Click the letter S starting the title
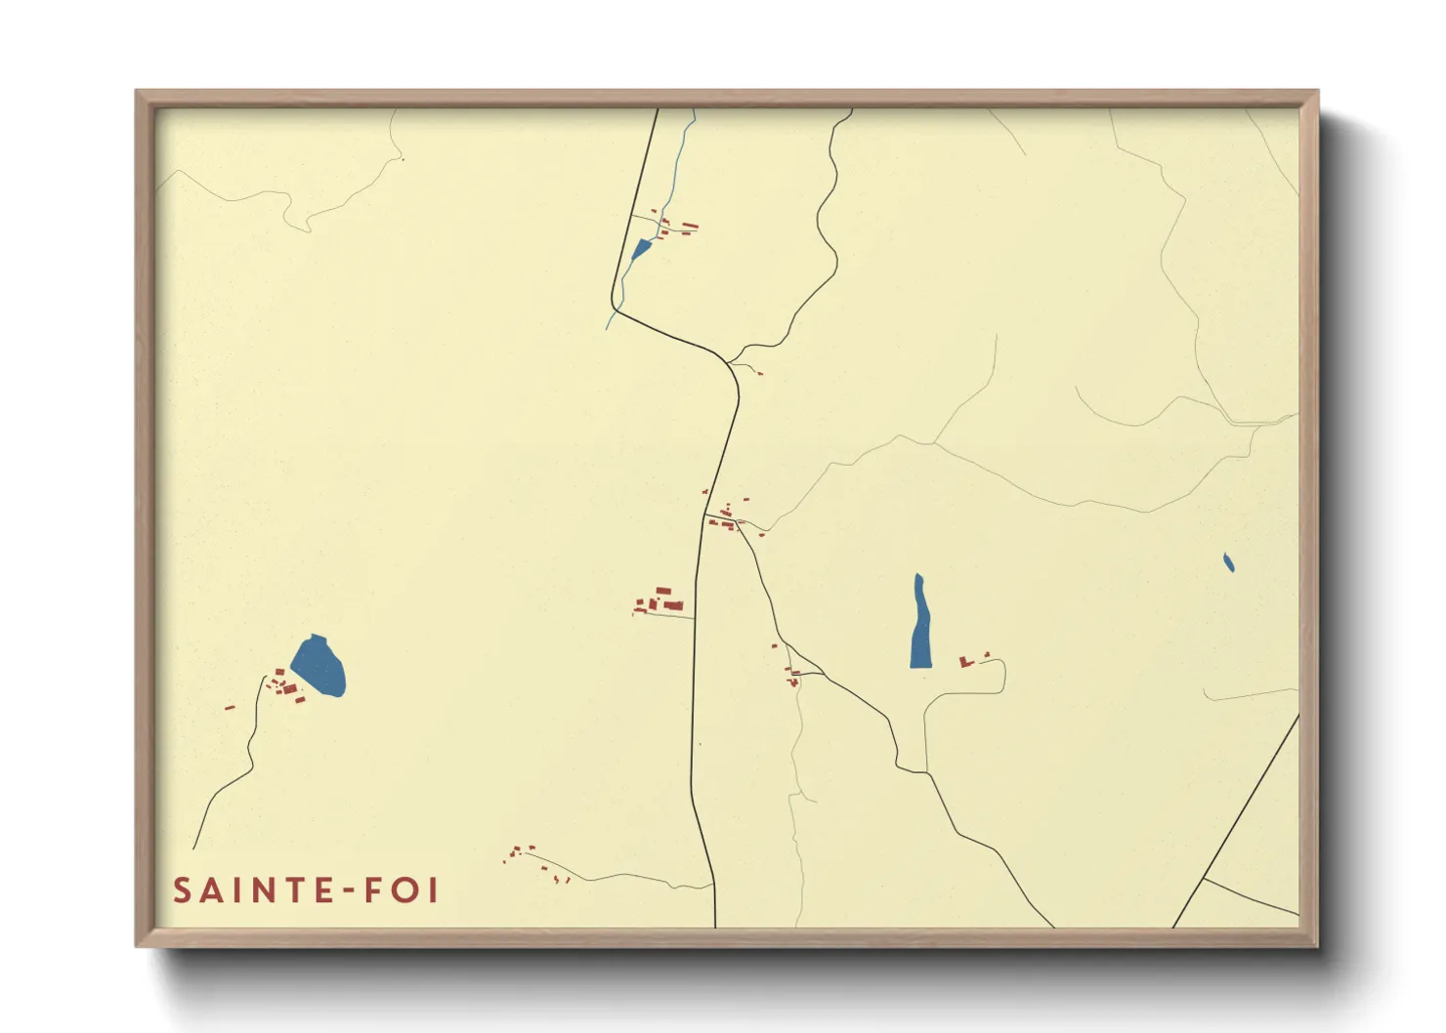(182, 890)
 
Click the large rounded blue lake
(319, 666)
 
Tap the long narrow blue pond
(919, 625)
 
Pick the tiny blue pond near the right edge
(1228, 562)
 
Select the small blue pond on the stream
(641, 249)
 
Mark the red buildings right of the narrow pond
(971, 661)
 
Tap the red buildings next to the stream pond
(677, 227)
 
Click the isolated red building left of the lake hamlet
(230, 707)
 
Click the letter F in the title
(374, 890)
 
